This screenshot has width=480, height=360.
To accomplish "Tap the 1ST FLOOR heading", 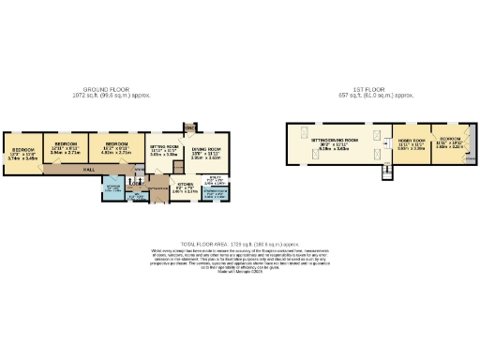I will [379, 90].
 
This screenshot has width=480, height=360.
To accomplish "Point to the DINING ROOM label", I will [206, 150].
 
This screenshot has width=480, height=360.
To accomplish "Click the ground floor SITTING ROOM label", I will [164, 148].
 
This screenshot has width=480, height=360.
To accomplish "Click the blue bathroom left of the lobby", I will [112, 188].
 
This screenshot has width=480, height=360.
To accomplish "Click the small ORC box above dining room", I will [189, 127].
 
